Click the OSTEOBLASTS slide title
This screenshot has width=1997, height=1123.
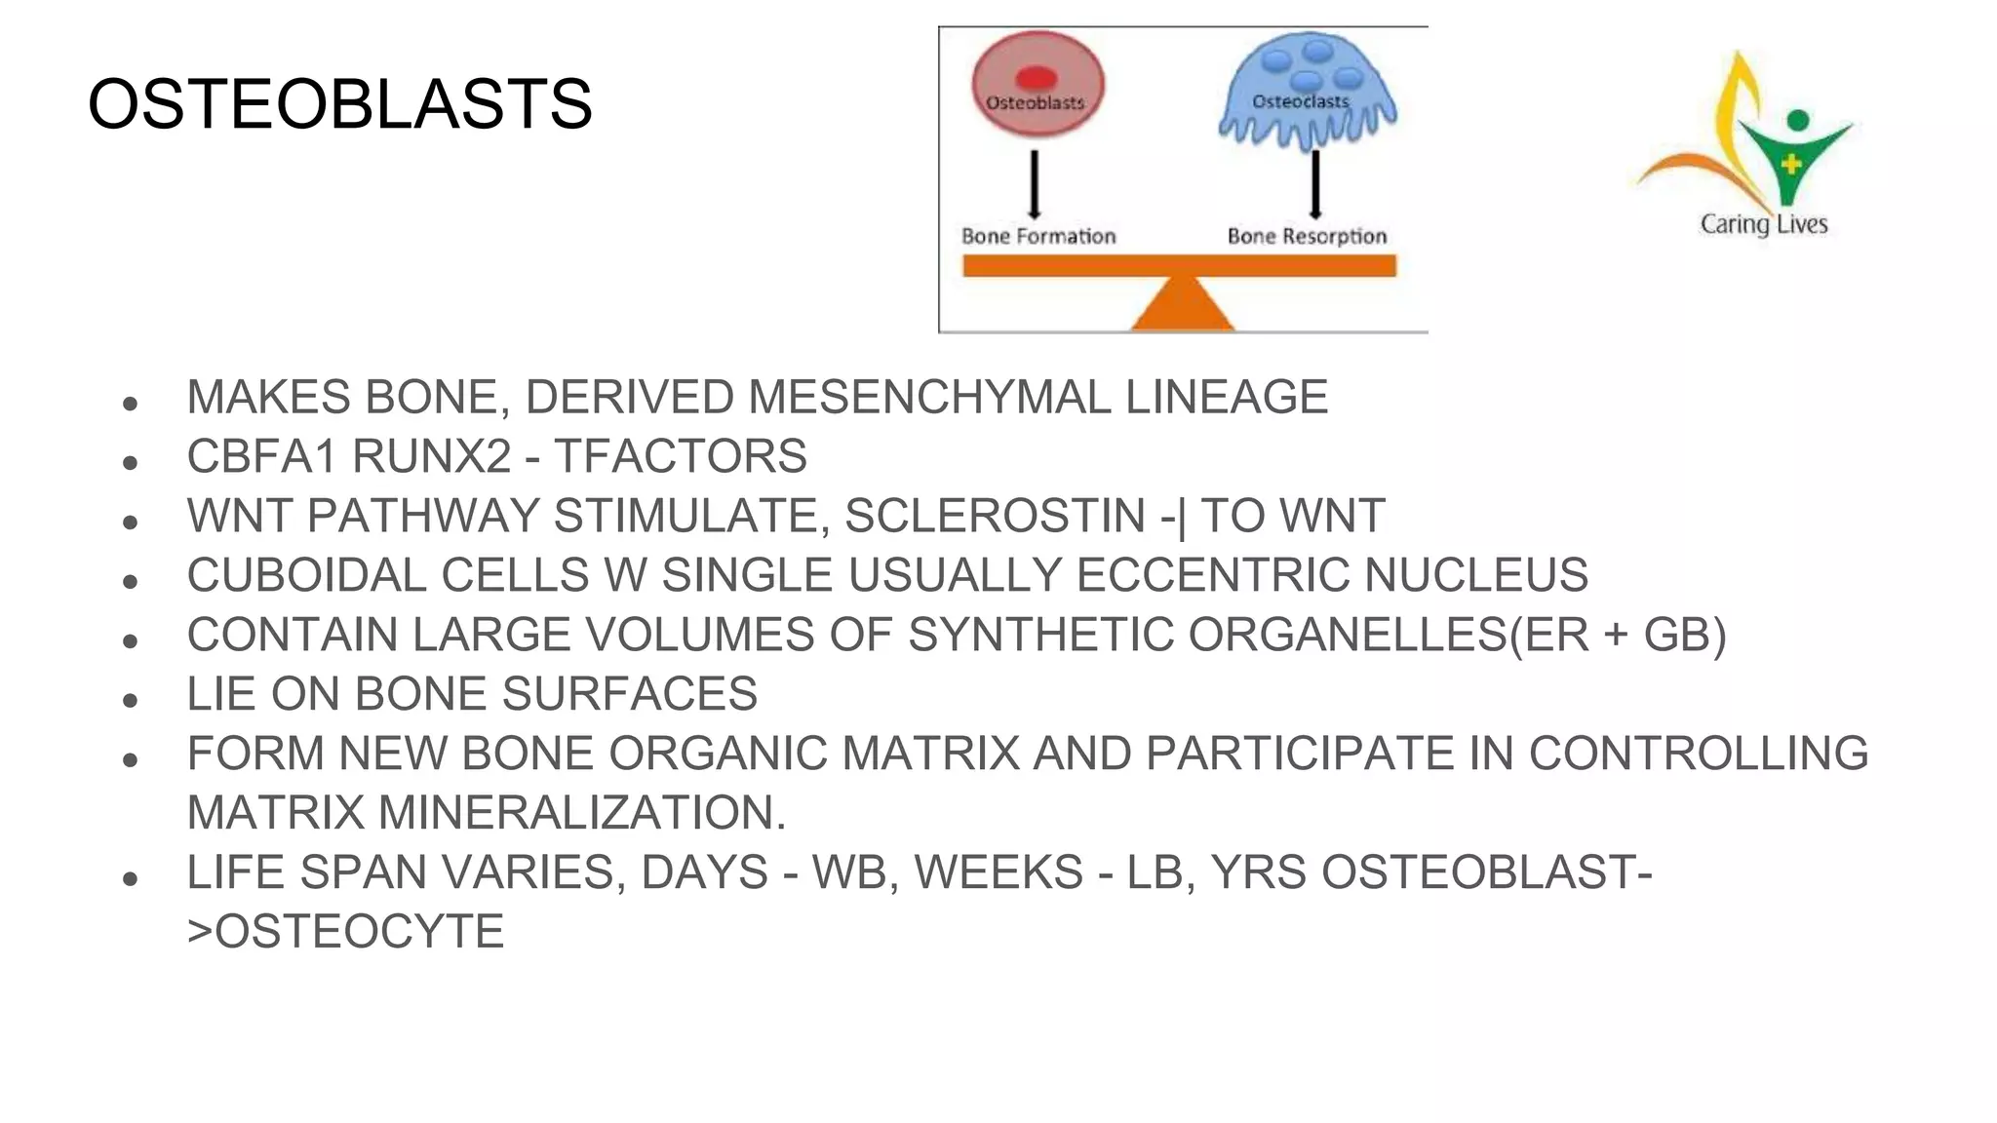pos(339,103)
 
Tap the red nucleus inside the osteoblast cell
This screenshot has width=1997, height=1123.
pos(1036,78)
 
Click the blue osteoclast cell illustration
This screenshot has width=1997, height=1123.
pos(1307,93)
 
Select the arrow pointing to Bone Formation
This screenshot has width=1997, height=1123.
pos(1035,183)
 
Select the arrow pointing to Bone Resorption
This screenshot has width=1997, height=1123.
pos(1315,183)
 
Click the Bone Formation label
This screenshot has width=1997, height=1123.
pos(1038,236)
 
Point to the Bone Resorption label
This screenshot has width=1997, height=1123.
pos(1307,236)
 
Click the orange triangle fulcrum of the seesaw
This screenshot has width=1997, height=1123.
pos(1182,304)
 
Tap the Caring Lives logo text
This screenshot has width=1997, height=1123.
pos(1763,224)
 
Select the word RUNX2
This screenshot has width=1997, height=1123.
pos(431,456)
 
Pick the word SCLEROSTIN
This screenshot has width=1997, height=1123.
pos(995,516)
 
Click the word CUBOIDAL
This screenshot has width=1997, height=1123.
pos(306,575)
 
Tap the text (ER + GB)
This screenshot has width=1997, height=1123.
pos(1618,635)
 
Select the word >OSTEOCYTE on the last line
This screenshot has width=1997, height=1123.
pos(345,932)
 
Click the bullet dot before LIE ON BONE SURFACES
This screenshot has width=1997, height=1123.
pos(130,700)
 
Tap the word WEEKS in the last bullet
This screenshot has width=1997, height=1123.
pos(998,872)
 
